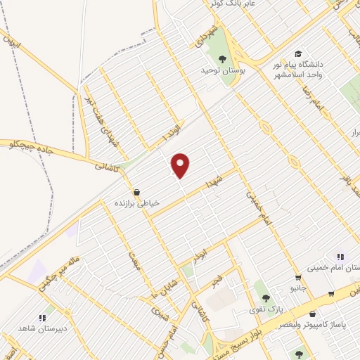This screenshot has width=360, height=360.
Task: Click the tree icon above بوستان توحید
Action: click(222, 59)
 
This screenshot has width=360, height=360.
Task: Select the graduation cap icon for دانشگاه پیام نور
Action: click(298, 54)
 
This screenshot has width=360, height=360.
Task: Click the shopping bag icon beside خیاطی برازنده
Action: click(136, 191)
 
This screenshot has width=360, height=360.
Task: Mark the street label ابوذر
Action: click(201, 250)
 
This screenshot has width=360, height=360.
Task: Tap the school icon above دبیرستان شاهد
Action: click(49, 309)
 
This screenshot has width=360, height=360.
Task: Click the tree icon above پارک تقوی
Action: click(266, 298)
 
